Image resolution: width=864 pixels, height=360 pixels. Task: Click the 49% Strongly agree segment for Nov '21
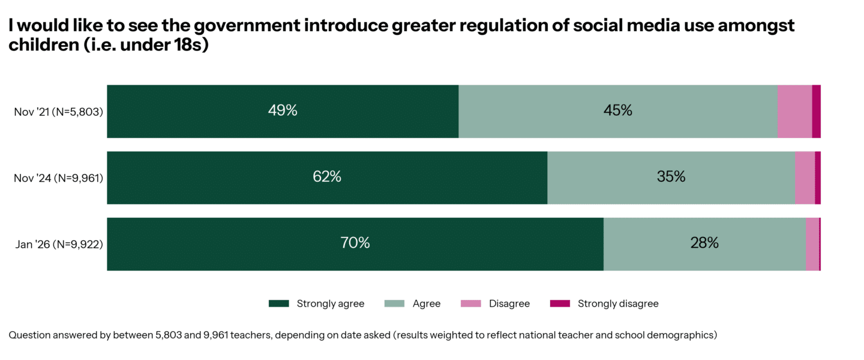coord(283,111)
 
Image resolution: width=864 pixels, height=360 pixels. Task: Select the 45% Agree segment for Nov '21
coord(618,111)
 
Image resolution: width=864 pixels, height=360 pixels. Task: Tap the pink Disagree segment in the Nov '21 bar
coord(794,111)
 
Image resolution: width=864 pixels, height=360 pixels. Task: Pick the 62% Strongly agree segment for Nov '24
coord(327,178)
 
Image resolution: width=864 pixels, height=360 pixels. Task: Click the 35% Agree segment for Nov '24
coord(671,178)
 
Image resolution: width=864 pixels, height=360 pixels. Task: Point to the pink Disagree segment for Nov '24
coord(805,178)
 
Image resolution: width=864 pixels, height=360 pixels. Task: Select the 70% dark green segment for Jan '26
coord(355,244)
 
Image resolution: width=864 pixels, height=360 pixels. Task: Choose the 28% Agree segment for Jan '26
coord(704,244)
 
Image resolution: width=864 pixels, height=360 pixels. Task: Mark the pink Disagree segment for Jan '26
coord(812,244)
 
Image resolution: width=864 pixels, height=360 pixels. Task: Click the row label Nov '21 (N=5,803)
coord(58,112)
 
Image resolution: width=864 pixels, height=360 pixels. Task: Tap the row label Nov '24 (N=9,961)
coord(58,178)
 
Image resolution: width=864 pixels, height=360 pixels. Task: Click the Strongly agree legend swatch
coord(278,304)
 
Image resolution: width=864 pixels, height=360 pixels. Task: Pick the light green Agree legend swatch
coord(394,304)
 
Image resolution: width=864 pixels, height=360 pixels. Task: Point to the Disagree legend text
coord(509,304)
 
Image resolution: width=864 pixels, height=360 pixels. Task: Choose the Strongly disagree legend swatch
coord(560,304)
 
